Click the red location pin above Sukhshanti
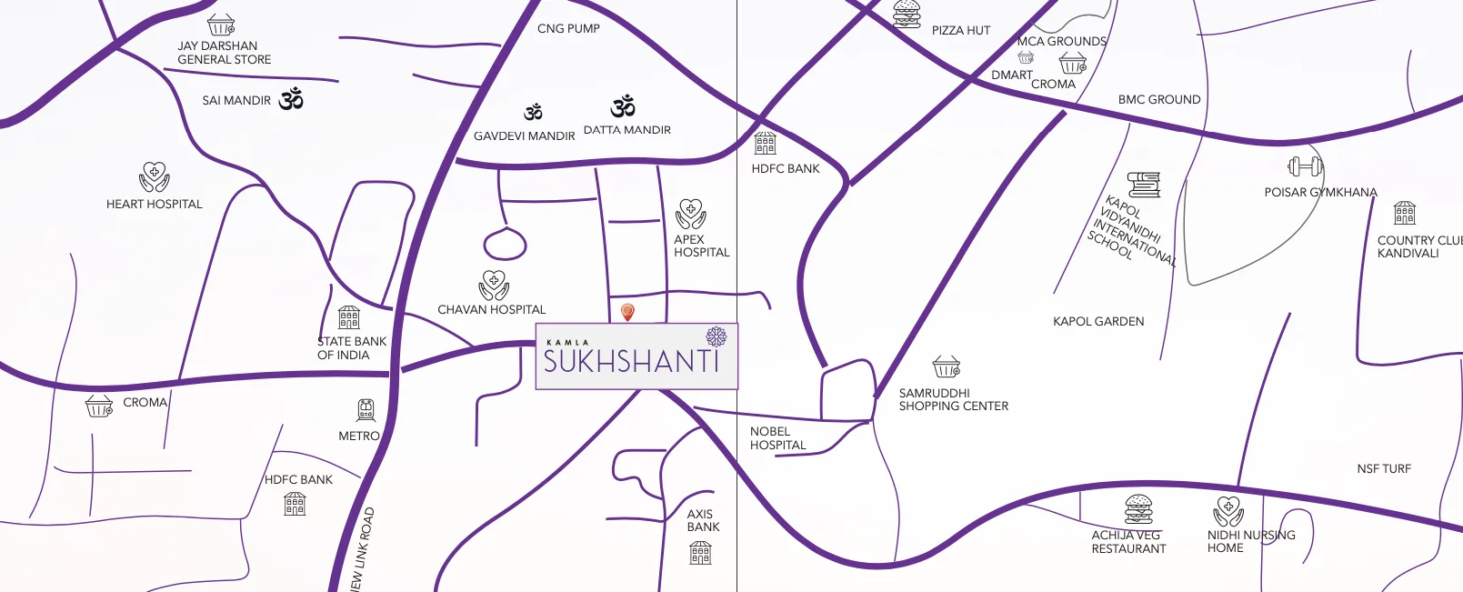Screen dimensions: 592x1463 [627, 312]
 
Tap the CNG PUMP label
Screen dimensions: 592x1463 [568, 29]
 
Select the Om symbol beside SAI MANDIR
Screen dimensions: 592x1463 [291, 99]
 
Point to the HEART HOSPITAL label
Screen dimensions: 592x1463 [155, 205]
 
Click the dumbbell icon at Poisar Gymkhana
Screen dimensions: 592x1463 [1305, 166]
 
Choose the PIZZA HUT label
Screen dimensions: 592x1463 [960, 31]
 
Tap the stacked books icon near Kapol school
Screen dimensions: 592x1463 [1144, 185]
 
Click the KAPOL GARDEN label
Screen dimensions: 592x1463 [1098, 322]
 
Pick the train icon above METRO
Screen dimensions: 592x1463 [366, 410]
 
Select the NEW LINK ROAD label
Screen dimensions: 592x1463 [363, 551]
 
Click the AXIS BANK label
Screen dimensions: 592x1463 [703, 521]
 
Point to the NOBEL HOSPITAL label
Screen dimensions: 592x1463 [777, 438]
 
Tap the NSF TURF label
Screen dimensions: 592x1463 [1384, 469]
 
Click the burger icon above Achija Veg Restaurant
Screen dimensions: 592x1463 [1138, 509]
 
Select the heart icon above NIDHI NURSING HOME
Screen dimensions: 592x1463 [1228, 511]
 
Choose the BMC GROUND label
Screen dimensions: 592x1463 [1159, 100]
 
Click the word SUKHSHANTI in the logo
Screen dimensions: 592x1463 [631, 362]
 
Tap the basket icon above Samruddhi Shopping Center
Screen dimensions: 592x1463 [946, 367]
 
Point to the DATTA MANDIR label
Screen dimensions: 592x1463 [627, 130]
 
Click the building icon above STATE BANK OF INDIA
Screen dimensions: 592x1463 [349, 317]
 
